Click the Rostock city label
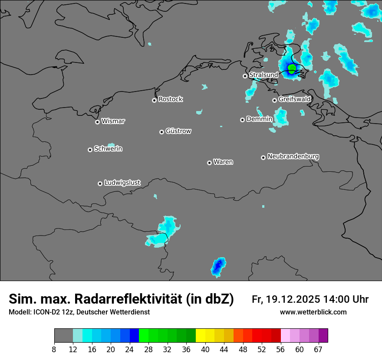tap(170, 99)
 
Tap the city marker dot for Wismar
tap(97, 122)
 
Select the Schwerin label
tap(108, 149)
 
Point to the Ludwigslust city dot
tap(100, 183)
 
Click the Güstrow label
tap(178, 131)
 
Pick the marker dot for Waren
tap(209, 163)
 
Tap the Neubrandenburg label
tap(293, 157)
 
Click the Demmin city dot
tap(242, 120)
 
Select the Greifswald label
tap(294, 99)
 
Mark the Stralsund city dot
tap(245, 76)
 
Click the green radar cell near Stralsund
tap(292, 68)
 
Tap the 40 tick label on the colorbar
tap(205, 349)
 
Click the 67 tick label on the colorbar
tap(318, 349)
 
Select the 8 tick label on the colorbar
tap(54, 349)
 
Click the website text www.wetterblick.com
tap(313, 312)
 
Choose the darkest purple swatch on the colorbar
tap(323, 336)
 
